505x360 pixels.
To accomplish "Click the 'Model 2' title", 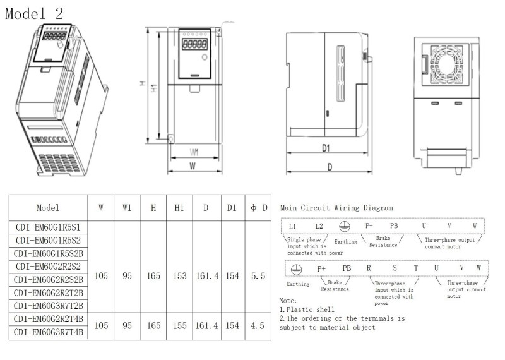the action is [x=34, y=13].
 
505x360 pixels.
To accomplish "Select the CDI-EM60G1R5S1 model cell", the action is [x=48, y=227].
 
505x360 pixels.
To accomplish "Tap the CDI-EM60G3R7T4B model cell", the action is [x=49, y=332].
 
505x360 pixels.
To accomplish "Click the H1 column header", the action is [x=179, y=208].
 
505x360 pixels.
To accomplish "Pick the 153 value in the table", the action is [x=179, y=276].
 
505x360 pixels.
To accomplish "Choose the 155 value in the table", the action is [x=179, y=325].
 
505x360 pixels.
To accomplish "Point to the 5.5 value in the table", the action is [x=258, y=276].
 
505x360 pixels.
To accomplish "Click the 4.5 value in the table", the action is [x=258, y=325].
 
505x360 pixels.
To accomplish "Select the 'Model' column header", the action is [x=48, y=208].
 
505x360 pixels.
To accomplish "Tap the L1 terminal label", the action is [x=292, y=226].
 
